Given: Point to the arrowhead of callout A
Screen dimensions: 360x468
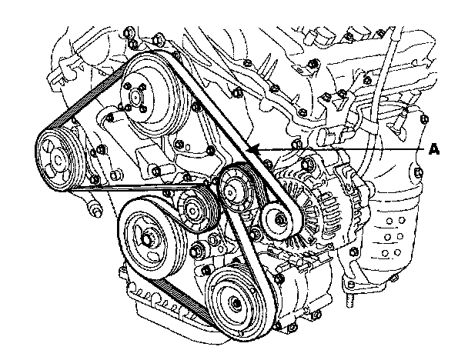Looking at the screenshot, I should click(x=251, y=148).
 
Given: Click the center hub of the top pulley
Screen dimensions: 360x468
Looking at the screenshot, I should click(x=138, y=98).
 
